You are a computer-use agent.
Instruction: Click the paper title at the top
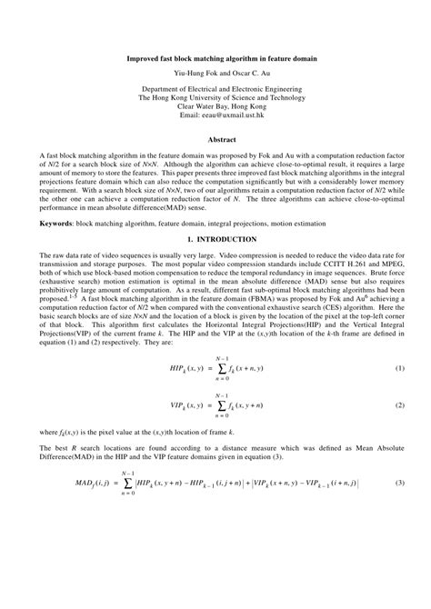[x=215, y=57]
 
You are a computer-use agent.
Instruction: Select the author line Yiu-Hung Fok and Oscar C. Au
[x=215, y=71]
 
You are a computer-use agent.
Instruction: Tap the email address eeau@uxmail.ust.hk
[x=215, y=116]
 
